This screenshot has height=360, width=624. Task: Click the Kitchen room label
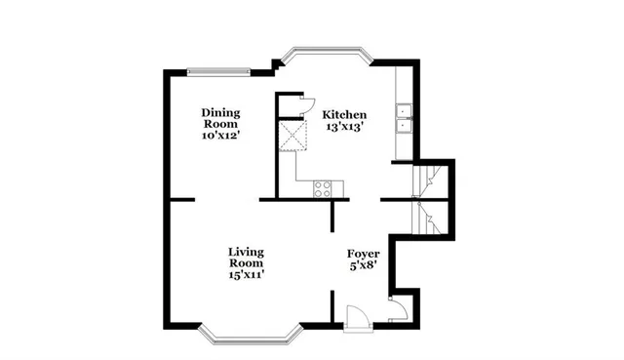[x=344, y=113]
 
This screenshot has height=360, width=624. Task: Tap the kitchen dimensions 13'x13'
[x=344, y=126]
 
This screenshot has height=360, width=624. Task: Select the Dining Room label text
[x=221, y=118]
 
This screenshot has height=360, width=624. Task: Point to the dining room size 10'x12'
[x=221, y=136]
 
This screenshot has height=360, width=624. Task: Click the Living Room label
[x=247, y=257]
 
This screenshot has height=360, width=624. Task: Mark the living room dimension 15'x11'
[x=247, y=275]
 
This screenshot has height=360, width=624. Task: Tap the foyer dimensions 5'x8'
[x=363, y=264]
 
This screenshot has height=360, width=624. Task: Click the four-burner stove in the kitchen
[x=322, y=188]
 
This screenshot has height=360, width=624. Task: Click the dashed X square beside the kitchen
[x=293, y=136]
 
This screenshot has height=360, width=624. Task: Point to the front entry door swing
[x=357, y=317]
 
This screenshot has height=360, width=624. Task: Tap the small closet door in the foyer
[x=397, y=310]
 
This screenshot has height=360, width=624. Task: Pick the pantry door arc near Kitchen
[x=305, y=105]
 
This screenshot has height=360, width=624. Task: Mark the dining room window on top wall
[x=218, y=70]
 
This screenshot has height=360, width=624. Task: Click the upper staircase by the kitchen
[x=429, y=180]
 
